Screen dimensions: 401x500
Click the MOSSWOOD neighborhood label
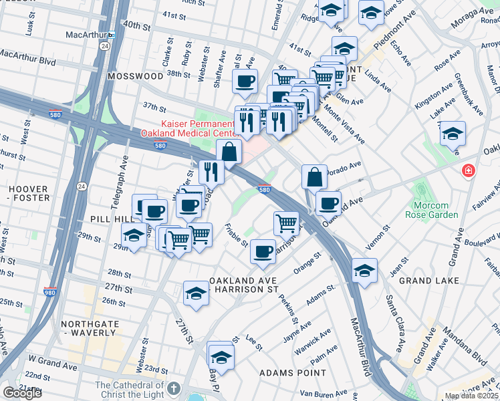click(x=135, y=76)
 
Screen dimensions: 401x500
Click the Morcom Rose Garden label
click(x=431, y=210)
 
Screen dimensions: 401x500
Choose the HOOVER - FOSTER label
click(x=29, y=193)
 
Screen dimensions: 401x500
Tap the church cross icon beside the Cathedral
click(x=174, y=388)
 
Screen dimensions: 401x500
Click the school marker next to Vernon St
click(x=364, y=270)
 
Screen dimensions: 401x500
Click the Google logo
click(x=22, y=393)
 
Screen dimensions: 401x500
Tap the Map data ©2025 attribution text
click(x=471, y=396)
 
